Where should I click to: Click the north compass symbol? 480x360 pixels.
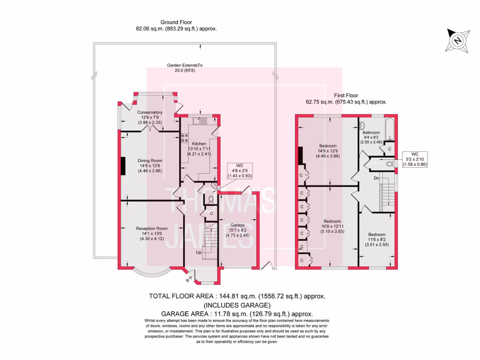456,41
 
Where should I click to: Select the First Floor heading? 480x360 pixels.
345,95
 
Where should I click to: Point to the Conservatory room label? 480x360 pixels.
150,112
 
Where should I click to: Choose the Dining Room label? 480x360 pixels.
150,161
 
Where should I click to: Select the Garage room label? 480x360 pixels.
237,225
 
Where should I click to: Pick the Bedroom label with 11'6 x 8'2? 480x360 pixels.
377,234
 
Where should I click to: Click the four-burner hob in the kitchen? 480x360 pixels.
184,138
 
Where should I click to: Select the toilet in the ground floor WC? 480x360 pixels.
210,199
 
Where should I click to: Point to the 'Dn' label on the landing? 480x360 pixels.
376,178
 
